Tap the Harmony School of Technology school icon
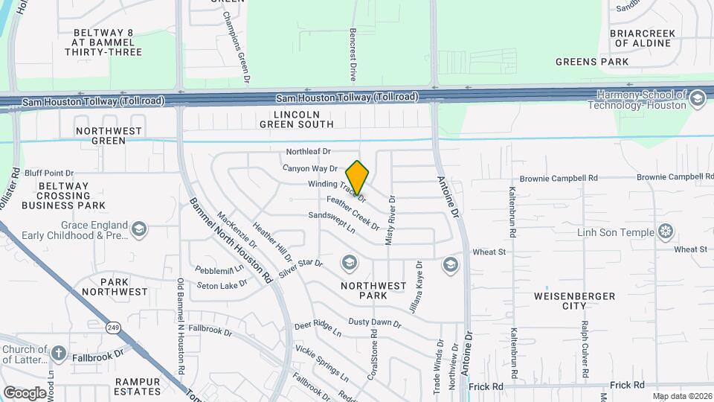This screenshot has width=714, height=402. pos(697,99)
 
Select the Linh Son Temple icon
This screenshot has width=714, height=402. pos(666,232)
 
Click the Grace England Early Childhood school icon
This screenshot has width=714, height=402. pos(138,230)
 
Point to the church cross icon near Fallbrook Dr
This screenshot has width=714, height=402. pos(59,351)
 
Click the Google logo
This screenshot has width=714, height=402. pos(24,392)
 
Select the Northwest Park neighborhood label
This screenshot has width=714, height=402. pos(373,290)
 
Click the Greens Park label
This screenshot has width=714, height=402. pos(592,62)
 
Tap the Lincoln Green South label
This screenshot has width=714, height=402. pos(303,119)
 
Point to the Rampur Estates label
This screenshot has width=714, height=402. pos(138,386)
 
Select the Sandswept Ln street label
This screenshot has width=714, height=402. pos(332,223)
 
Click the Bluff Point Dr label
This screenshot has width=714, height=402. pos(49,173)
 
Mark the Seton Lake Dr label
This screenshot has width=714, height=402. pos(222,284)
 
